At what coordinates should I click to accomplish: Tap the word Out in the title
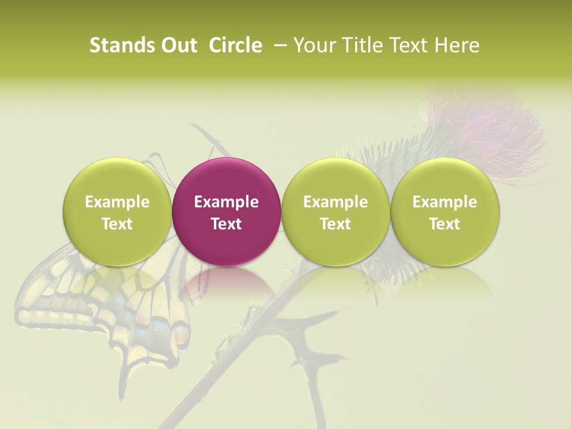pos(177,45)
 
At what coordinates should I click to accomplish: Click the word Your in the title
pos(313,45)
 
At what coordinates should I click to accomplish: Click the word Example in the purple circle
pos(226,202)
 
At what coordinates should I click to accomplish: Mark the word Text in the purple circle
pos(226,224)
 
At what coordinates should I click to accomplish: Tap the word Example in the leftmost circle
pos(117,202)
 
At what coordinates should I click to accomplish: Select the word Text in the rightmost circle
pos(444,224)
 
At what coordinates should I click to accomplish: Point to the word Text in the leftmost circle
pos(117,224)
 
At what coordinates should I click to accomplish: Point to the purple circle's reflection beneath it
pos(226,283)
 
